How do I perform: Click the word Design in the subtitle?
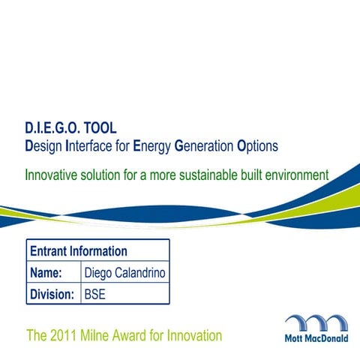click(x=43, y=145)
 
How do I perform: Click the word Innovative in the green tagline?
click(x=52, y=175)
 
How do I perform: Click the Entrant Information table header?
click(x=78, y=251)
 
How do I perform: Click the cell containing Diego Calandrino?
click(x=125, y=273)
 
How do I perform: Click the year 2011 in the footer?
click(x=65, y=335)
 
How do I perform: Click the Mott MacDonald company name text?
click(x=316, y=339)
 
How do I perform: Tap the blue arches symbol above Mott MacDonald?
click(x=316, y=323)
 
